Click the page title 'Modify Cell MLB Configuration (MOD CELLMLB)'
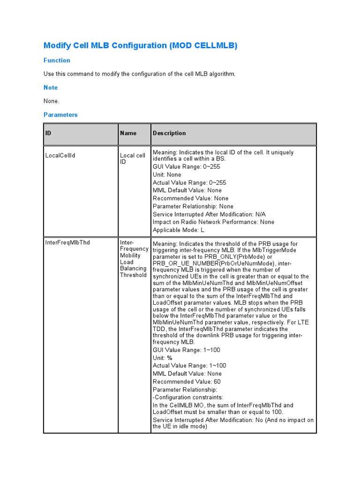[x=140, y=45]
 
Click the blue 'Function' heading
[x=57, y=60]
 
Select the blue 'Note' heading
[x=51, y=88]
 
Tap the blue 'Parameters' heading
[x=60, y=115]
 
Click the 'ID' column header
[x=48, y=133]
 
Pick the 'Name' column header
[x=128, y=133]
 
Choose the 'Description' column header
[x=169, y=133]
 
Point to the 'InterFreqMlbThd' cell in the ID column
[x=67, y=243]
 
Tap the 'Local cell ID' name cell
[x=133, y=158]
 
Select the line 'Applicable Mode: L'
[x=179, y=230]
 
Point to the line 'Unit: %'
[x=163, y=358]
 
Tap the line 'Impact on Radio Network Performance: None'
[x=213, y=222]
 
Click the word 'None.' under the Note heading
[x=52, y=101]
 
